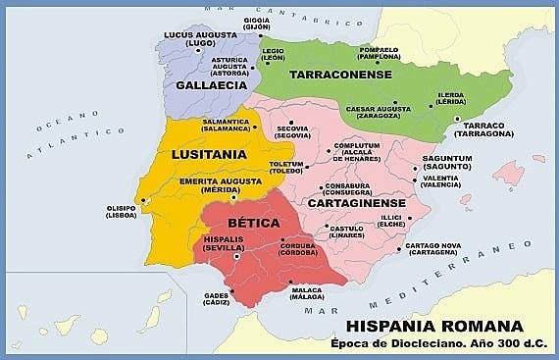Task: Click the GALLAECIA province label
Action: click(209, 85)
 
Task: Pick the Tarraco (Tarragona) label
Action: click(483, 129)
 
